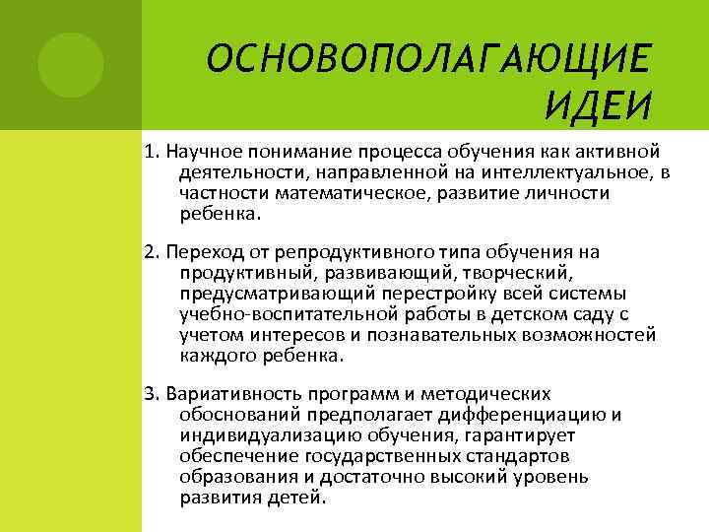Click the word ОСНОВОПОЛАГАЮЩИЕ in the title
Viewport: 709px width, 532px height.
429,62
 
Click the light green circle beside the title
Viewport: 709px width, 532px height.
71,62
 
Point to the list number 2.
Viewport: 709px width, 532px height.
151,252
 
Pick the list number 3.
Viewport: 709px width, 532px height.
151,394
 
